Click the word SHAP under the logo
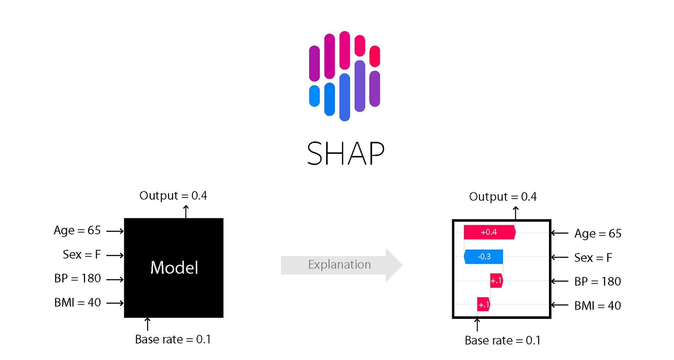pos(345,153)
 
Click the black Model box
pos(173,268)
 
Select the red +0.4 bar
pos(489,232)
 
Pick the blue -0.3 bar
pos(484,257)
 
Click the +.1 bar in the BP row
pos(496,281)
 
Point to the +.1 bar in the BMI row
pos(483,305)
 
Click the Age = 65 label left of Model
pos(77,230)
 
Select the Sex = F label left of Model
pos(81,255)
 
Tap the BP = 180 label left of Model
pos(77,279)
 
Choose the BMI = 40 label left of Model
pos(77,302)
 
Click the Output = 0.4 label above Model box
pos(173,196)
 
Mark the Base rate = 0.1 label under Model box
pos(173,339)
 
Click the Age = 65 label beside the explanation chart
pos(598,233)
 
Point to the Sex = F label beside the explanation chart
pos(593,258)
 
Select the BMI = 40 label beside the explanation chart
pos(597,306)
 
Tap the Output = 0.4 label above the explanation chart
pos(503,197)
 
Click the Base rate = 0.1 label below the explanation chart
pos(502,341)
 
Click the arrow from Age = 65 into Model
pos(115,231)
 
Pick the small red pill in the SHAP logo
pos(374,56)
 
